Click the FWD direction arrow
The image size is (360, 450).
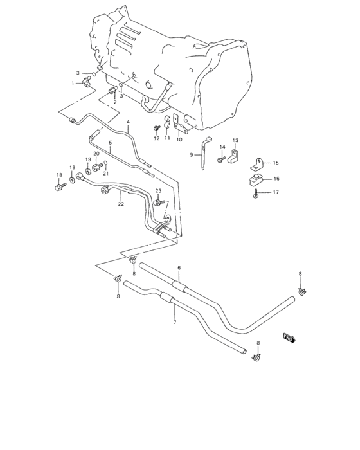pyautogui.click(x=289, y=337)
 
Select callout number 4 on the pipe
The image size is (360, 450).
pyautogui.click(x=128, y=122)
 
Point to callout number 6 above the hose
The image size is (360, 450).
pyautogui.click(x=179, y=267)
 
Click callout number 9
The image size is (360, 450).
pyautogui.click(x=192, y=155)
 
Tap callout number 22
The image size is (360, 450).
pyautogui.click(x=120, y=204)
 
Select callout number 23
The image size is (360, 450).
pyautogui.click(x=157, y=191)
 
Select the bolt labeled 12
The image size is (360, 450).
pyautogui.click(x=156, y=129)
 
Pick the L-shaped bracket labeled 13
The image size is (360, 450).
pyautogui.click(x=237, y=154)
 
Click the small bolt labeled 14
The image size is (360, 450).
pyautogui.click(x=219, y=158)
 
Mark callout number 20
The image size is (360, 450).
pyautogui.click(x=96, y=154)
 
